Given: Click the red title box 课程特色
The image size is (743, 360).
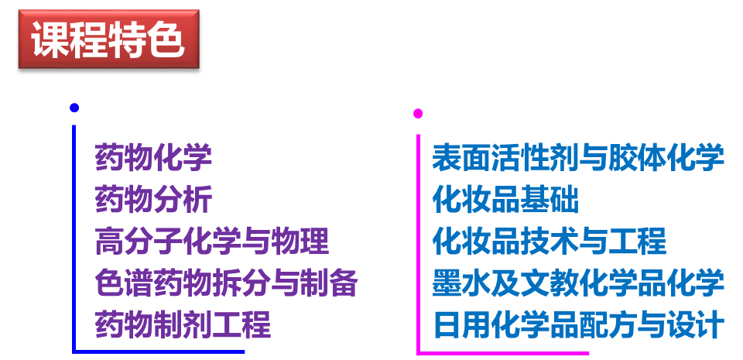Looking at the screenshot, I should (x=108, y=39).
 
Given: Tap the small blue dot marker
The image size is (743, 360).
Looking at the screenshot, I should (x=74, y=108).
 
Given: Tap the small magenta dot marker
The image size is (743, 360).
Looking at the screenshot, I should (x=418, y=114).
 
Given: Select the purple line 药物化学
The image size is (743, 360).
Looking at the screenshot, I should (x=153, y=158).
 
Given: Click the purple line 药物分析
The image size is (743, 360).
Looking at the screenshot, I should (x=153, y=200).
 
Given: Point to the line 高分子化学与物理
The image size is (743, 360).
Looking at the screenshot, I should (x=211, y=242).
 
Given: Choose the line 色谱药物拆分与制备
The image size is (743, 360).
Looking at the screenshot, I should (x=226, y=283).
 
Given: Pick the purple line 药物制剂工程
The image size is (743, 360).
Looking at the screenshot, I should (x=183, y=324).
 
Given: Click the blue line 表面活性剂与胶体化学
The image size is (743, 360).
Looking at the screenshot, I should (x=578, y=158).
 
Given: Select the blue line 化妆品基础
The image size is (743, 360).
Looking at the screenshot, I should (x=505, y=200).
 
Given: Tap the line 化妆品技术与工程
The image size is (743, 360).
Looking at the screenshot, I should (x=549, y=242).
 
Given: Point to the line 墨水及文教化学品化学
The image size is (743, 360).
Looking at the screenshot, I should (x=578, y=283).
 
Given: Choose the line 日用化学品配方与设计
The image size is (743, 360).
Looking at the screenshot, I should (x=578, y=324).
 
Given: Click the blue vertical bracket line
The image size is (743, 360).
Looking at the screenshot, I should (x=74, y=232).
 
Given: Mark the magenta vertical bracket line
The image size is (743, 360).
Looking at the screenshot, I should (x=418, y=240).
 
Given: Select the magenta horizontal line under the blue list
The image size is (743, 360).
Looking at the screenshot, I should (x=503, y=353).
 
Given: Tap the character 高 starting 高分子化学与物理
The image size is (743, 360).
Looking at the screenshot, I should (x=109, y=242).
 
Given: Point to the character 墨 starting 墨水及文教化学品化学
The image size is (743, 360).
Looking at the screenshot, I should (x=447, y=283).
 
